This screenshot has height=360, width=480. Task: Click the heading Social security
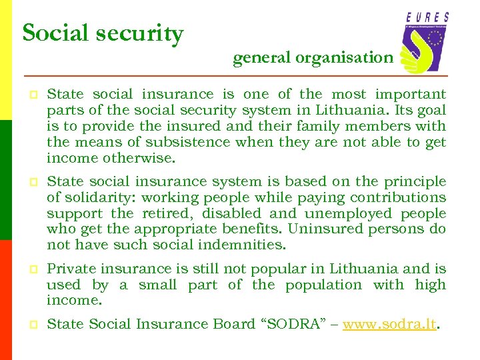pos(103,33)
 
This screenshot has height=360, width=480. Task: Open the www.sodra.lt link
pos(389,325)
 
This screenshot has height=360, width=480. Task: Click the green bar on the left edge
pos(6,180)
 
